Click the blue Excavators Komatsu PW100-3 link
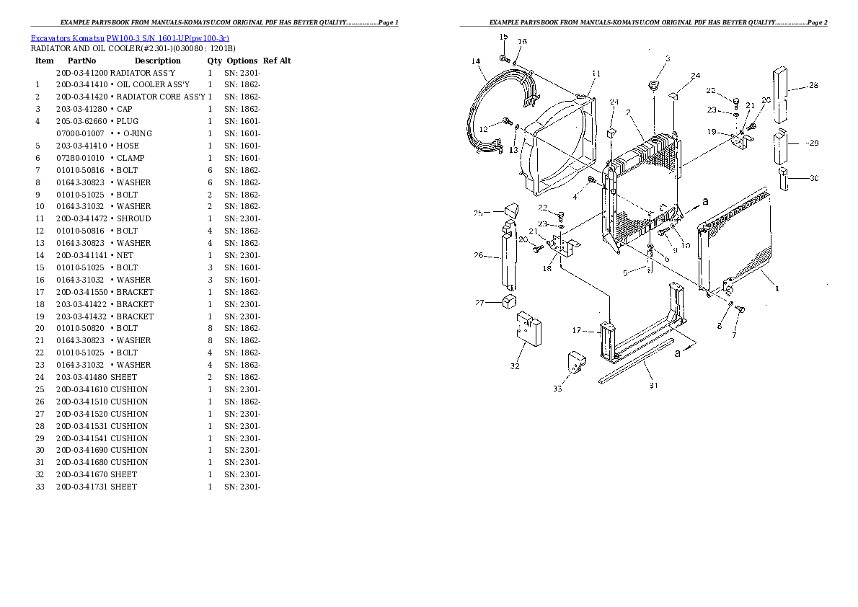[x=130, y=37]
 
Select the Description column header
[x=157, y=61]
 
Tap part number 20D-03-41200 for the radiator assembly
[x=81, y=73]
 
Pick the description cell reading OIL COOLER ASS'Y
[x=153, y=85]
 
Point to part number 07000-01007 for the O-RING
[x=80, y=133]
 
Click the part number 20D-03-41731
[x=81, y=487]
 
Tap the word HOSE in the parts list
[x=128, y=146]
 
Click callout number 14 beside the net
[x=476, y=61]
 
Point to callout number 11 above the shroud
[x=596, y=73]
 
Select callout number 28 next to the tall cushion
[x=813, y=85]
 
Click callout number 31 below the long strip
[x=654, y=385]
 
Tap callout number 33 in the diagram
[x=557, y=389]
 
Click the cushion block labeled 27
[x=511, y=301]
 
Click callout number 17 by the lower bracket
[x=576, y=331]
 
